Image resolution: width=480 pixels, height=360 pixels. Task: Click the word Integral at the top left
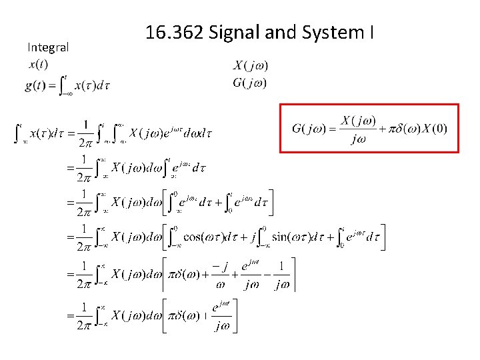click(x=48, y=47)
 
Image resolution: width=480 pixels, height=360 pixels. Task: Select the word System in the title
click(x=329, y=32)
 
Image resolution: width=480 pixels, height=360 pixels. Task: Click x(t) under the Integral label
click(x=39, y=65)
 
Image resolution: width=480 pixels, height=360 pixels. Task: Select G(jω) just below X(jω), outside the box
click(x=250, y=83)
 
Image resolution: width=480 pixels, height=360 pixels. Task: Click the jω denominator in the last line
click(x=223, y=327)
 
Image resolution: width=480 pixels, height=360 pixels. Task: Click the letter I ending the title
click(x=371, y=32)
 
